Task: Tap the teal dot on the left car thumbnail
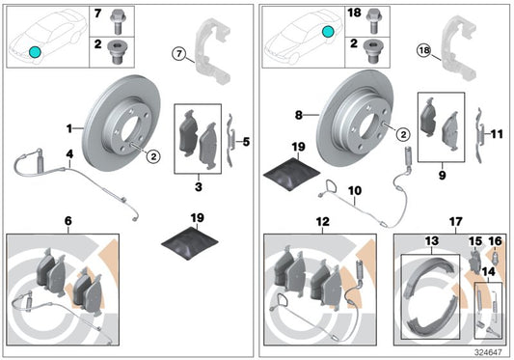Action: pos(35,51)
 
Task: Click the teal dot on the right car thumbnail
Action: pos(328,33)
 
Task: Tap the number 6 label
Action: pos(68,221)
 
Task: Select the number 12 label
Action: pos(321,221)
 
